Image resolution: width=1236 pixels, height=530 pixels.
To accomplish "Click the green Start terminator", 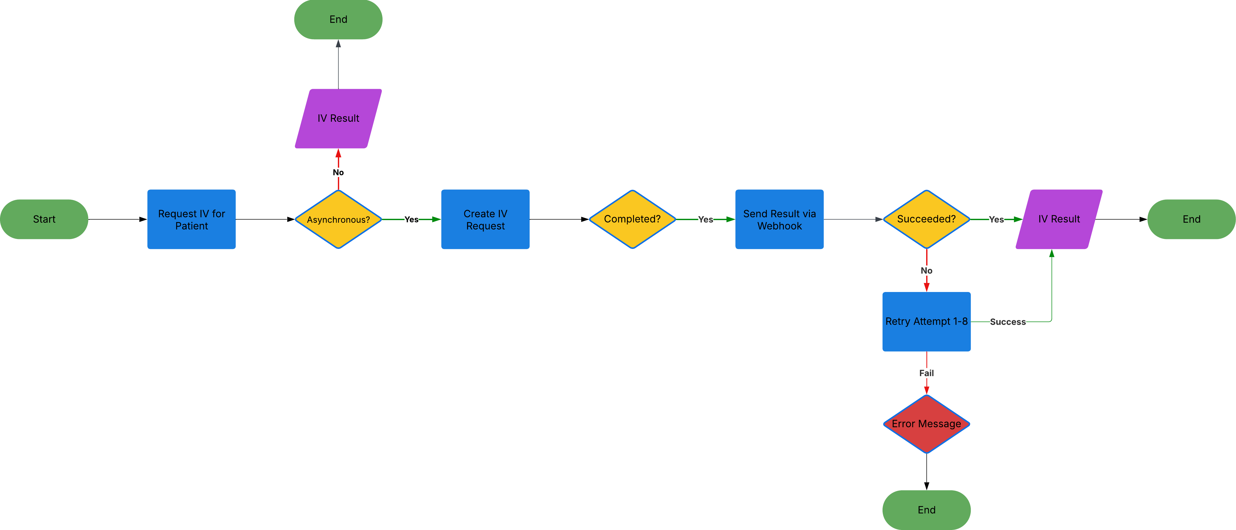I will click(44, 219).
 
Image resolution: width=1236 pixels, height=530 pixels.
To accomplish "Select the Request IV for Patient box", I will click(192, 219).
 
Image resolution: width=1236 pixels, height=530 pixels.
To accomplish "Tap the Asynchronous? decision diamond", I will click(338, 219).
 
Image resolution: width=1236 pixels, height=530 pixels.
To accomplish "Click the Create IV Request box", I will click(485, 219).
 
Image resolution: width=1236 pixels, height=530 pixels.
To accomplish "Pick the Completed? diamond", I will click(632, 219).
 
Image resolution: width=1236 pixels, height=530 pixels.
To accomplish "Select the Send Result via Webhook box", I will click(779, 219).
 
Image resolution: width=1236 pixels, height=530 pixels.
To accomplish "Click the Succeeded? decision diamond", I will click(926, 219).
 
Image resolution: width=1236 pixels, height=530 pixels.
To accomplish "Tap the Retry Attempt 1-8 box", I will click(926, 322).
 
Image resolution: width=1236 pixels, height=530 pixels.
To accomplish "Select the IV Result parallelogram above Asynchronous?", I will click(338, 119).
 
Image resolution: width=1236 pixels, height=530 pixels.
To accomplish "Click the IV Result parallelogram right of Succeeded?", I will click(1059, 219).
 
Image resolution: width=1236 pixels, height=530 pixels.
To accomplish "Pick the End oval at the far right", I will click(1191, 219).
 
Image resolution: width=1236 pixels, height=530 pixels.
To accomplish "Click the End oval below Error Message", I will click(926, 510).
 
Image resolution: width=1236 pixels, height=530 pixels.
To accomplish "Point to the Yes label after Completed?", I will click(705, 219).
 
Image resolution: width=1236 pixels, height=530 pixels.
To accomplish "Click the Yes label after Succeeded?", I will click(996, 219).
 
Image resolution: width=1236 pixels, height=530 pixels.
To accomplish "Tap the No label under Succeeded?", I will click(926, 271).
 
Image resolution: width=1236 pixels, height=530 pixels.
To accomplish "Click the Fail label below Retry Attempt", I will click(926, 373).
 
